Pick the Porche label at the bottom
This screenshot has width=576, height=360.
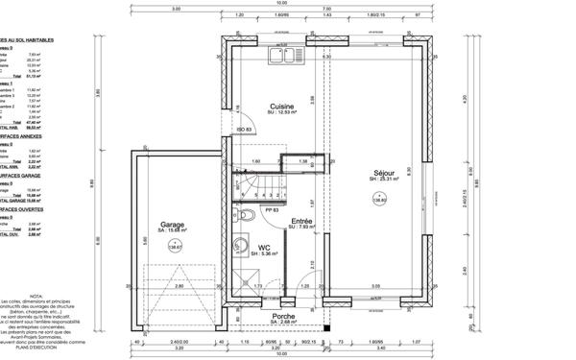[282, 316]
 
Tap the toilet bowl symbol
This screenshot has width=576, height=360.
[246, 214]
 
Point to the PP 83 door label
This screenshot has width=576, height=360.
[271, 210]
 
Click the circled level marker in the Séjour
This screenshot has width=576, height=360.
[377, 198]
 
